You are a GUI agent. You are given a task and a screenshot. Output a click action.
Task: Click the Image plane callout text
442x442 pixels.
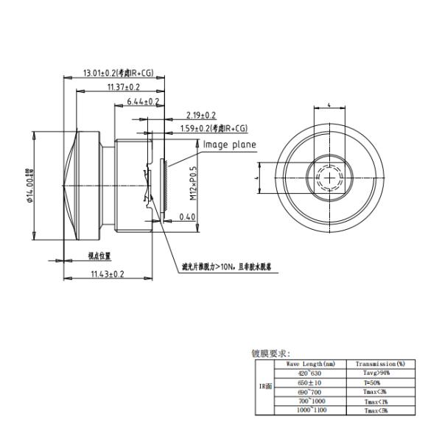coord(229,144)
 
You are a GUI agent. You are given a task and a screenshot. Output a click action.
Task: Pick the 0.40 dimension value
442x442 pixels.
coord(187,217)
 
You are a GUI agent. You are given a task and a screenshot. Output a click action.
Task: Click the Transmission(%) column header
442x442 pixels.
coord(381,364)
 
